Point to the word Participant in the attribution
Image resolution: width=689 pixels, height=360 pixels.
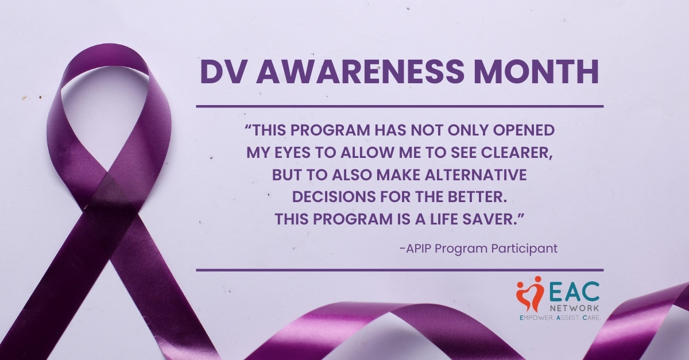pos(528,249)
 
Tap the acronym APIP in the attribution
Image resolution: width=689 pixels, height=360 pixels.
pos(419,249)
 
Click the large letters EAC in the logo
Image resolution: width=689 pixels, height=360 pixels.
pos(576,291)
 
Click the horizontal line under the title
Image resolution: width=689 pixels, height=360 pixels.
pos(400,106)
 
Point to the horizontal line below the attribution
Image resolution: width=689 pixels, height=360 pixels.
pos(400,269)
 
